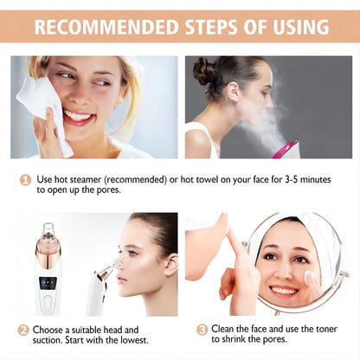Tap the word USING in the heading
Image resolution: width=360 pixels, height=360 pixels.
coord(292,26)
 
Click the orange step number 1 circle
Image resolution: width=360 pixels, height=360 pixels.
coord(26,181)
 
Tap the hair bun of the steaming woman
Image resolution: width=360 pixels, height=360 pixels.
coord(204,70)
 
